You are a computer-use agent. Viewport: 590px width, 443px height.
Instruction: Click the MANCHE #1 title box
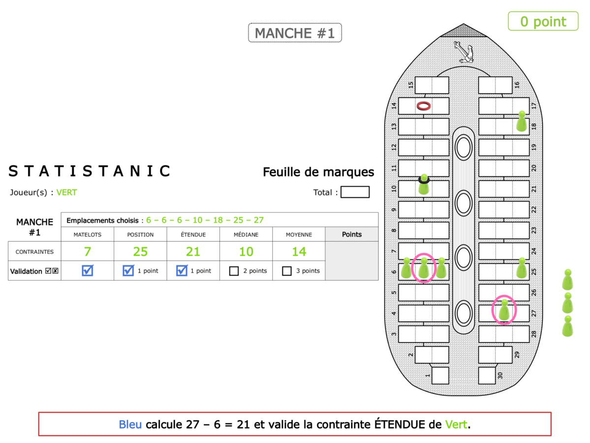click(x=295, y=33)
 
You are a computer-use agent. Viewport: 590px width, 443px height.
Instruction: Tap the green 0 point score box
click(x=543, y=21)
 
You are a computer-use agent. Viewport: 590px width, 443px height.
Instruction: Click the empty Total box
click(x=355, y=192)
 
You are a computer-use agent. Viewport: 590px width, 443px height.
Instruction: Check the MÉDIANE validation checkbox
click(x=234, y=271)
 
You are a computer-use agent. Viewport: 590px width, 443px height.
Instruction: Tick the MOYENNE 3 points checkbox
click(x=287, y=271)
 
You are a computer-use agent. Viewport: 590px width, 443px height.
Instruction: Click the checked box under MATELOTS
click(x=88, y=271)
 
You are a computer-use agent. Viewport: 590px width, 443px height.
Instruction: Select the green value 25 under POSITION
click(x=140, y=252)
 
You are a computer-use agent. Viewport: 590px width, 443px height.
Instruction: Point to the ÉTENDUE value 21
click(x=193, y=252)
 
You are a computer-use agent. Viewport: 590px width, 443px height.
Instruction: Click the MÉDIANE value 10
click(x=246, y=252)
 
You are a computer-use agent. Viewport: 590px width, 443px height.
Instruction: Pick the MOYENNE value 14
click(x=299, y=252)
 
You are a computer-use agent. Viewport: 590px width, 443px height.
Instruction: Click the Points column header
click(x=352, y=234)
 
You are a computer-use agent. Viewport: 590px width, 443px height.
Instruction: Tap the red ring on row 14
click(x=424, y=106)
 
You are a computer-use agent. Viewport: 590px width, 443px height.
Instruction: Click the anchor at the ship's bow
click(x=463, y=52)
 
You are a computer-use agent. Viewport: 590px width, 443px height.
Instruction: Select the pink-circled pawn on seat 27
click(x=504, y=310)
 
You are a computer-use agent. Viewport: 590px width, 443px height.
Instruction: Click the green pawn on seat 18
click(x=522, y=121)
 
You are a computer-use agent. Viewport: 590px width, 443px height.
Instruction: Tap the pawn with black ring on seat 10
click(x=424, y=185)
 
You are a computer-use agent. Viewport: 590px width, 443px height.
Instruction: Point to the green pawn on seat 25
click(x=522, y=268)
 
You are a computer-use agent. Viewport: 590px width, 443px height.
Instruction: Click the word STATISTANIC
click(x=90, y=171)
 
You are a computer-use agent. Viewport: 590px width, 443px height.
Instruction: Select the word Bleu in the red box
click(x=130, y=424)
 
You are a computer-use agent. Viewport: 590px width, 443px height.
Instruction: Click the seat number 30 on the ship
click(x=499, y=375)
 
